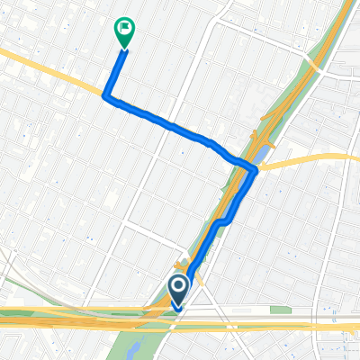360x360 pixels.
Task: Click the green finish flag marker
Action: (123, 33)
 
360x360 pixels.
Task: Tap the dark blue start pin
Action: (178, 291)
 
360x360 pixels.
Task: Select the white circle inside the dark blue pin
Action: (178, 287)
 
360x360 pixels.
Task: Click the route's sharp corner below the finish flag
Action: (108, 94)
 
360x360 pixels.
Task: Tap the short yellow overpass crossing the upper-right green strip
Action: (314, 64)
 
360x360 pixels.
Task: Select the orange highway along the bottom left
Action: (54, 317)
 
